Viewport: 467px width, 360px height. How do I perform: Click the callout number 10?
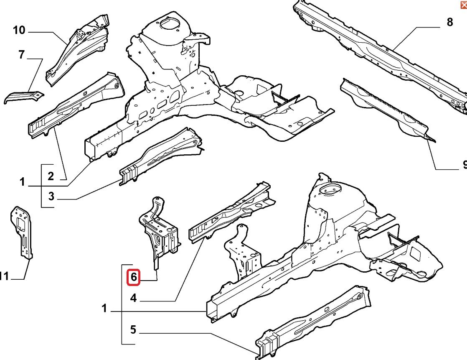[x=19, y=30]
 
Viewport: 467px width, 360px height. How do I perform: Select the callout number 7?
[x=21, y=55]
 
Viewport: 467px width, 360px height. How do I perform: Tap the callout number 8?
[x=450, y=22]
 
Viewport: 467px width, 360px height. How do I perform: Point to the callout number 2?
[x=51, y=176]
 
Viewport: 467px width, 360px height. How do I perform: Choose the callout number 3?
[x=51, y=197]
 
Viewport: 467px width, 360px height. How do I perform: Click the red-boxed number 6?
[x=133, y=277]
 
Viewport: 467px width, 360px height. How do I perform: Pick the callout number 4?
[x=133, y=298]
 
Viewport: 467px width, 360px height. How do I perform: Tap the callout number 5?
[x=133, y=329]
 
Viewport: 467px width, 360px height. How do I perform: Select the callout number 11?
[x=4, y=276]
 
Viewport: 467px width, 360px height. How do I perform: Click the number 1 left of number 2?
[x=22, y=181]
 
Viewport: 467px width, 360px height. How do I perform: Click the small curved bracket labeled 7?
[x=24, y=97]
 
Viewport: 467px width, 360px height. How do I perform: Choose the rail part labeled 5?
[x=313, y=323]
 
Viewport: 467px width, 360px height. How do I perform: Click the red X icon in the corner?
[x=464, y=5]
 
